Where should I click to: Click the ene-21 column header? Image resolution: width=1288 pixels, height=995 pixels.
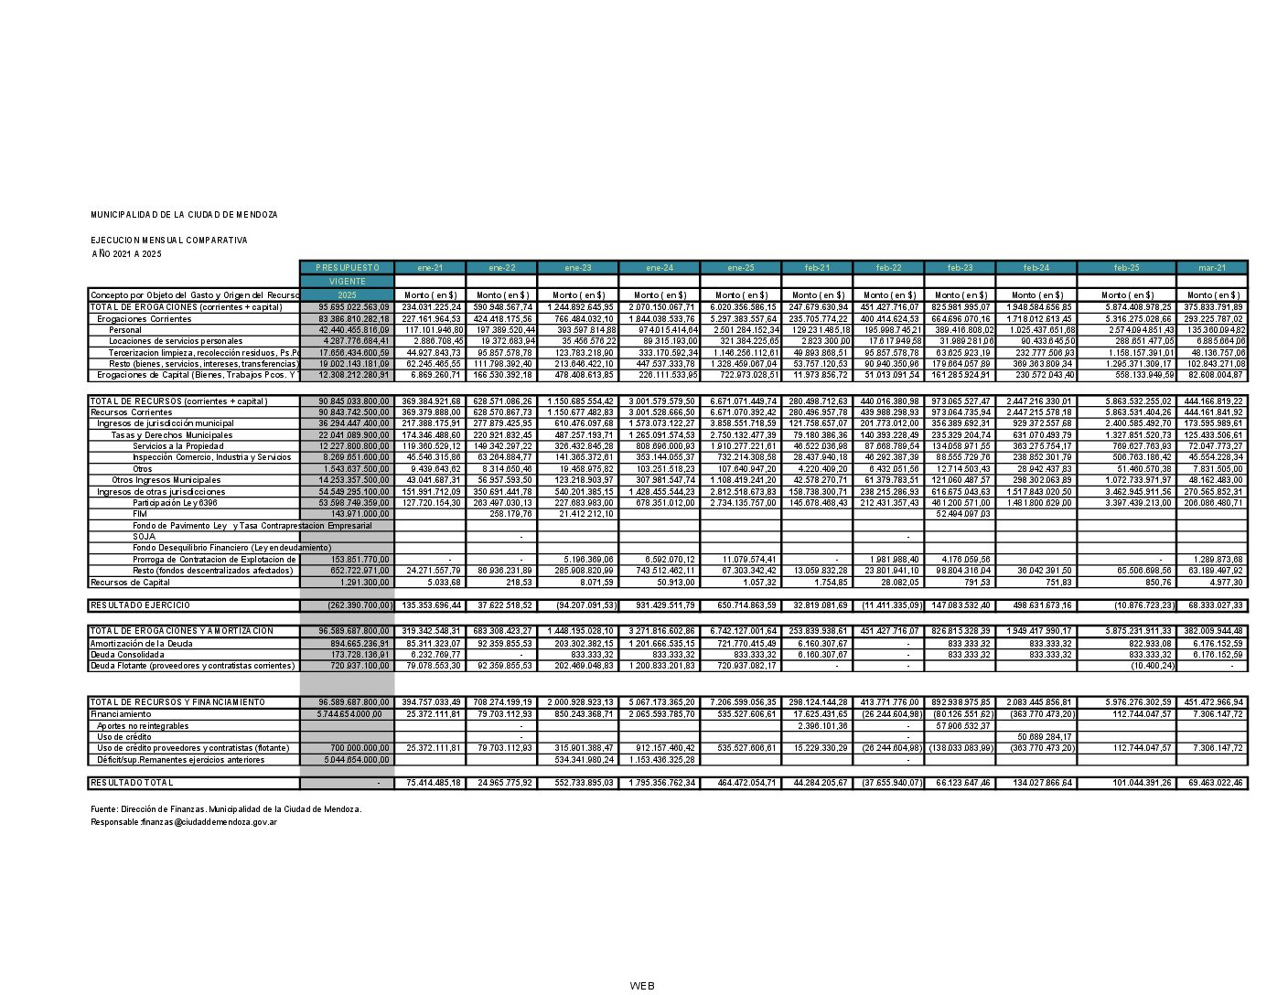pyautogui.click(x=430, y=268)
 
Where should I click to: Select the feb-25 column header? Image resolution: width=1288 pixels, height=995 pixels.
pyautogui.click(x=1126, y=268)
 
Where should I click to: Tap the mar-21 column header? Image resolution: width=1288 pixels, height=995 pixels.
pyautogui.click(x=1212, y=268)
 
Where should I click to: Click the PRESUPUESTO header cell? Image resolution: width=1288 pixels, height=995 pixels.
pyautogui.click(x=347, y=268)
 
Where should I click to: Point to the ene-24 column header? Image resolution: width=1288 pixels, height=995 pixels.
pyautogui.click(x=660, y=268)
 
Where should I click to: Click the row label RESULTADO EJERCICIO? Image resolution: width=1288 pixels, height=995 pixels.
pyautogui.click(x=140, y=605)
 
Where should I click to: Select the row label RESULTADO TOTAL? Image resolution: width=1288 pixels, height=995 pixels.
pyautogui.click(x=132, y=783)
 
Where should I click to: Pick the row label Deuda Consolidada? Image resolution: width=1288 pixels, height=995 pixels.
pyautogui.click(x=127, y=655)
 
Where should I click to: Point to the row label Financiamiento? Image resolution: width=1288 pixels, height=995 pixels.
pyautogui.click(x=121, y=714)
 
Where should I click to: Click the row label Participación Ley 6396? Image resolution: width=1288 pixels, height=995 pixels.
pyautogui.click(x=175, y=503)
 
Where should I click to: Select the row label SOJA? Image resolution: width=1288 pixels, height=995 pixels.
pyautogui.click(x=144, y=537)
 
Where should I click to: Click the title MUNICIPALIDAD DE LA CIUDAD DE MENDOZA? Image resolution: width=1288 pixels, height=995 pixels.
pyautogui.click(x=184, y=214)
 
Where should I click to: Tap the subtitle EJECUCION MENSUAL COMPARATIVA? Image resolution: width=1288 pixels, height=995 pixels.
pyautogui.click(x=168, y=240)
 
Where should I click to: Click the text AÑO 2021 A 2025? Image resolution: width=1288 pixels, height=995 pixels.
pyautogui.click(x=126, y=253)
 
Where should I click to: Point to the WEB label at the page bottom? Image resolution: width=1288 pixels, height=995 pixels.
pyautogui.click(x=642, y=985)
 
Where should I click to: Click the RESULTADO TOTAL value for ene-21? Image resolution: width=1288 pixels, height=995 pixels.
pyautogui.click(x=430, y=783)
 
